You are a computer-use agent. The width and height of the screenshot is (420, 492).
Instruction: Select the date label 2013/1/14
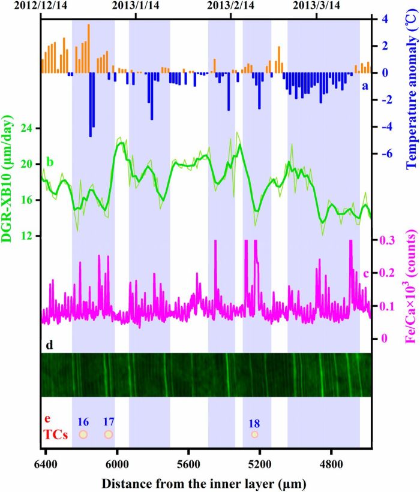pyautogui.click(x=137, y=5)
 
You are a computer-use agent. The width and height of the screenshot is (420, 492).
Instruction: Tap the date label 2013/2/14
pyautogui.click(x=231, y=5)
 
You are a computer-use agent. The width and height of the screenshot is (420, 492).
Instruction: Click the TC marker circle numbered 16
pyautogui.click(x=84, y=434)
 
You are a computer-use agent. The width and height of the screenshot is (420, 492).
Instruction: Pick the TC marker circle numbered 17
pyautogui.click(x=109, y=434)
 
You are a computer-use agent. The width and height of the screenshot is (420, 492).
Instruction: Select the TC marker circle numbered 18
pyautogui.click(x=254, y=434)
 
